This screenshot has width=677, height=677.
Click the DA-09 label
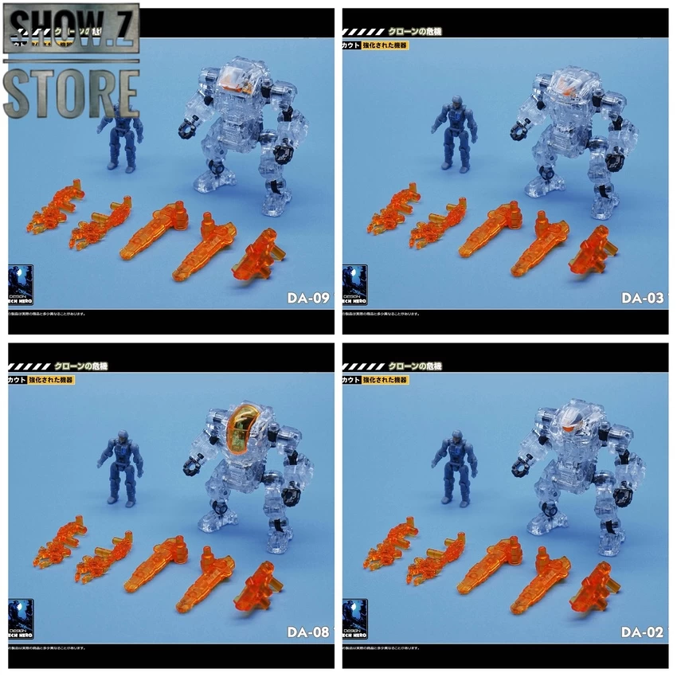pyautogui.click(x=308, y=299)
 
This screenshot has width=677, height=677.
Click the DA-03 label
pyautogui.click(x=642, y=299)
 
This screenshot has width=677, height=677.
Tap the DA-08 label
pyautogui.click(x=308, y=634)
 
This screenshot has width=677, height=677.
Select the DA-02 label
pyautogui.click(x=642, y=634)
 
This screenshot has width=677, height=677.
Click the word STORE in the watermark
pyautogui.click(x=72, y=93)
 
